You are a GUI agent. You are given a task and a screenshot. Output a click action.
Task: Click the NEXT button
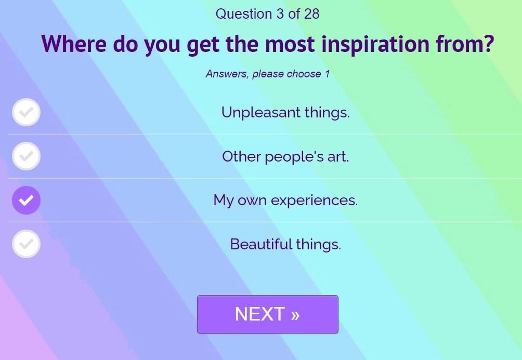click(x=268, y=314)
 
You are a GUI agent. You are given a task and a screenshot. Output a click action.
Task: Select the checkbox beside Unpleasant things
click(x=27, y=112)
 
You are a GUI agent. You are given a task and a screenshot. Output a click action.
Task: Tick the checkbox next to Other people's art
click(x=27, y=156)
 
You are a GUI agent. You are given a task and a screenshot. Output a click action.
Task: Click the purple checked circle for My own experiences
click(x=27, y=200)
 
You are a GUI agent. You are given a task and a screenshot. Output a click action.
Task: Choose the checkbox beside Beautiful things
click(x=27, y=244)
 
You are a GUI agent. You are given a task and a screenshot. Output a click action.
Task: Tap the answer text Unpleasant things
click(x=285, y=112)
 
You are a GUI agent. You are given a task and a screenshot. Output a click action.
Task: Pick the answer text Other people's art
click(x=285, y=156)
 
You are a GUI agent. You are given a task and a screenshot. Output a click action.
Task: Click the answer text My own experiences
click(x=285, y=201)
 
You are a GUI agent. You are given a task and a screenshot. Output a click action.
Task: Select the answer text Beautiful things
click(x=285, y=244)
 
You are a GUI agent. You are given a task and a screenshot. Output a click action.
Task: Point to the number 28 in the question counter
click(x=311, y=14)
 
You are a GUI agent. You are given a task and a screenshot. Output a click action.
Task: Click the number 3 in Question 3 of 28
click(x=280, y=14)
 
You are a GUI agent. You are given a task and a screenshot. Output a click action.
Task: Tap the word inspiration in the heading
click(x=375, y=44)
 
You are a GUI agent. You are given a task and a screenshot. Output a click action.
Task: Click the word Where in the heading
click(x=74, y=44)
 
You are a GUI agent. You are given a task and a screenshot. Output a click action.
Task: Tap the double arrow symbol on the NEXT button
click(x=295, y=315)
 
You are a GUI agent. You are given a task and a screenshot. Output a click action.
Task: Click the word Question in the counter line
click(x=244, y=14)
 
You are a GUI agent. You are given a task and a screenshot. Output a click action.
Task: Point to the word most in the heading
click(x=290, y=44)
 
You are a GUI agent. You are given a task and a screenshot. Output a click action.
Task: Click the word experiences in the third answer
click(x=314, y=201)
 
